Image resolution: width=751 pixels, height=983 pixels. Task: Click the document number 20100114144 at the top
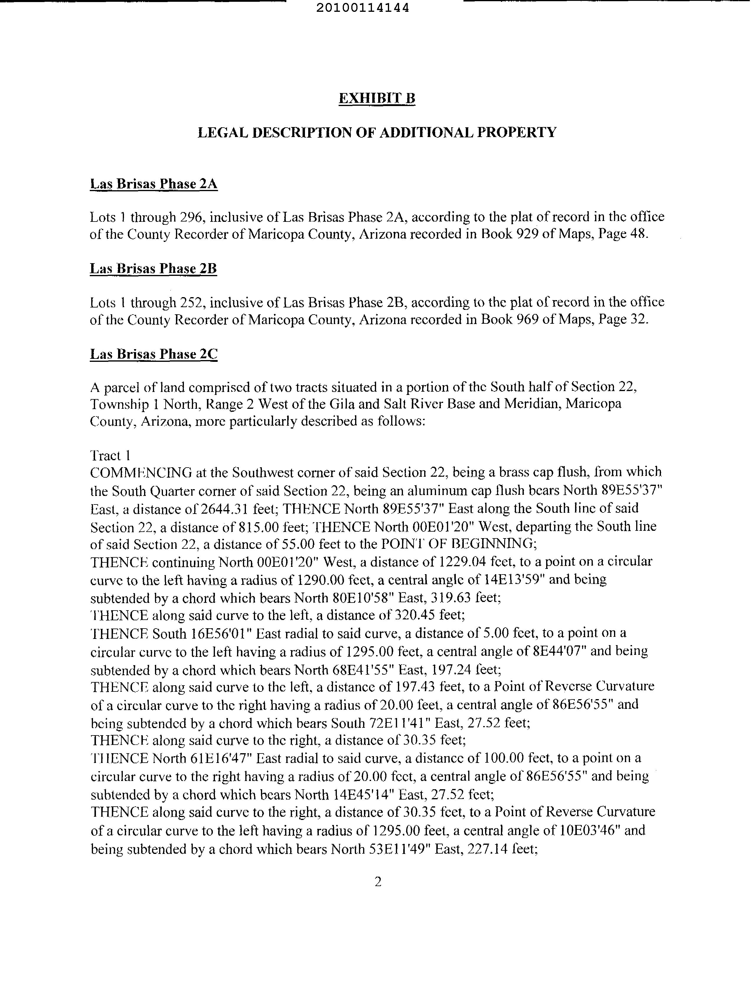coord(363,8)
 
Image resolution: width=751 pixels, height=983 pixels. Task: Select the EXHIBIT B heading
coord(377,98)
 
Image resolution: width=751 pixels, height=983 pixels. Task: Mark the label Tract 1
coord(110,455)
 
